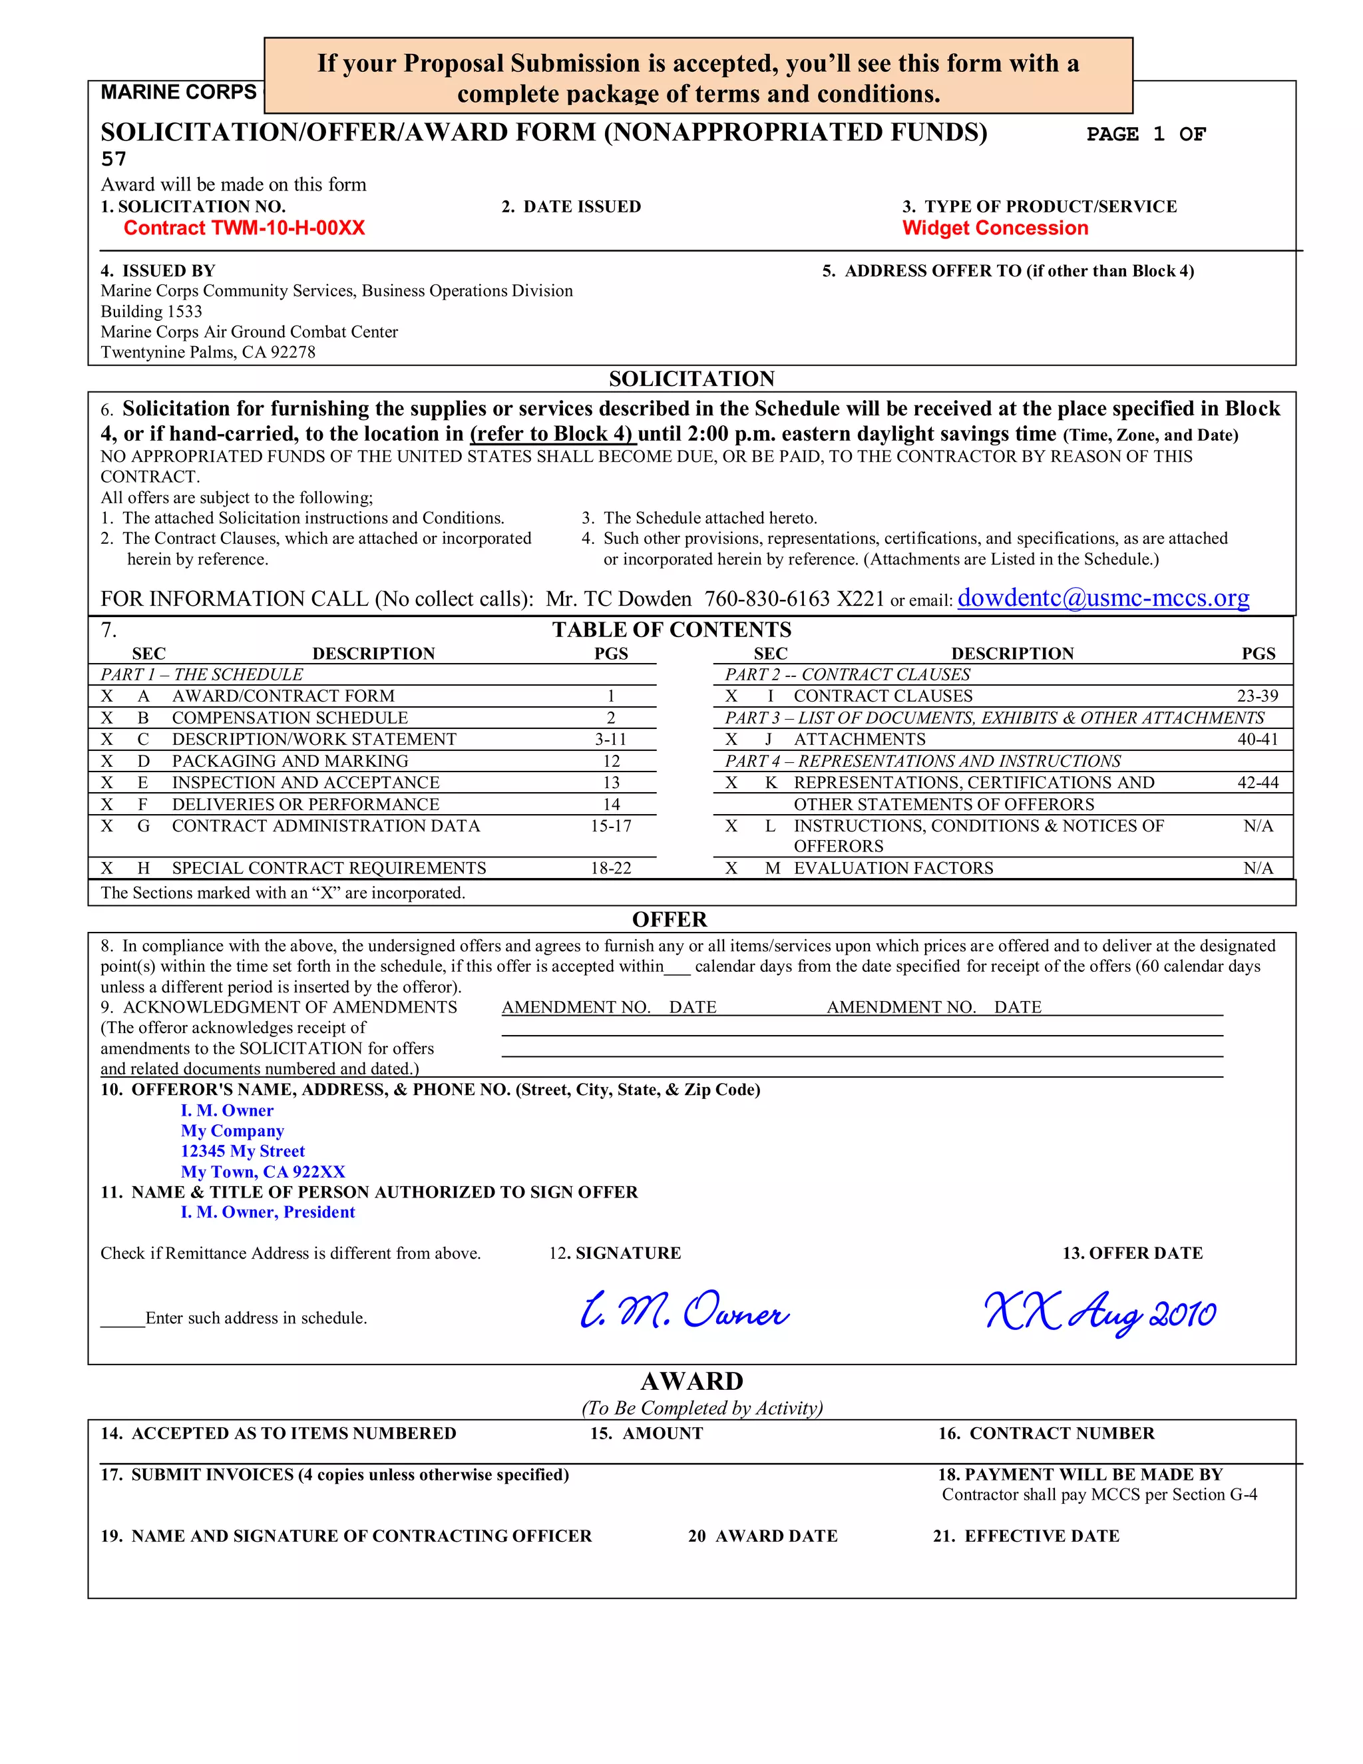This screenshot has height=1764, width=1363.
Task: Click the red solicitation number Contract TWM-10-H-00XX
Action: click(244, 228)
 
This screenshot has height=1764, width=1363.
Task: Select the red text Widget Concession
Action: click(995, 228)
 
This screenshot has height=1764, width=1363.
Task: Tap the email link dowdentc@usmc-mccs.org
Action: click(1103, 598)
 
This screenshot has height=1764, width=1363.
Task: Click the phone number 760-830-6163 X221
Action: click(794, 598)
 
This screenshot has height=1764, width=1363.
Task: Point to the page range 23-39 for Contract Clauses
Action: click(1257, 696)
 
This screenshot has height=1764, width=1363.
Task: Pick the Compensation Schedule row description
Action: click(290, 718)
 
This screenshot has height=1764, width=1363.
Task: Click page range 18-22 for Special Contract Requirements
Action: click(610, 868)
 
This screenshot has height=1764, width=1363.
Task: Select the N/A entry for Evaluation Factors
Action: click(1258, 868)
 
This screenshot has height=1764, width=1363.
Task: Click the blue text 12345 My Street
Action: click(242, 1151)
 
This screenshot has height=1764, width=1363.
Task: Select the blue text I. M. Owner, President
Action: click(268, 1212)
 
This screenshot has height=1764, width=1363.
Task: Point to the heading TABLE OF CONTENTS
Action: click(671, 630)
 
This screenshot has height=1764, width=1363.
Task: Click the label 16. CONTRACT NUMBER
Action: click(1046, 1434)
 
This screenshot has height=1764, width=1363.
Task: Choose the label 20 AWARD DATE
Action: click(762, 1536)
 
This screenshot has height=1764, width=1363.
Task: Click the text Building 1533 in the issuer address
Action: click(151, 312)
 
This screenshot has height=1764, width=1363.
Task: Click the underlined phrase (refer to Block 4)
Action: click(552, 435)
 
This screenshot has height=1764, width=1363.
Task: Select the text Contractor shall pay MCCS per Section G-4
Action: click(1099, 1495)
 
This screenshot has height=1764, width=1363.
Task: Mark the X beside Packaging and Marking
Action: click(106, 762)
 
